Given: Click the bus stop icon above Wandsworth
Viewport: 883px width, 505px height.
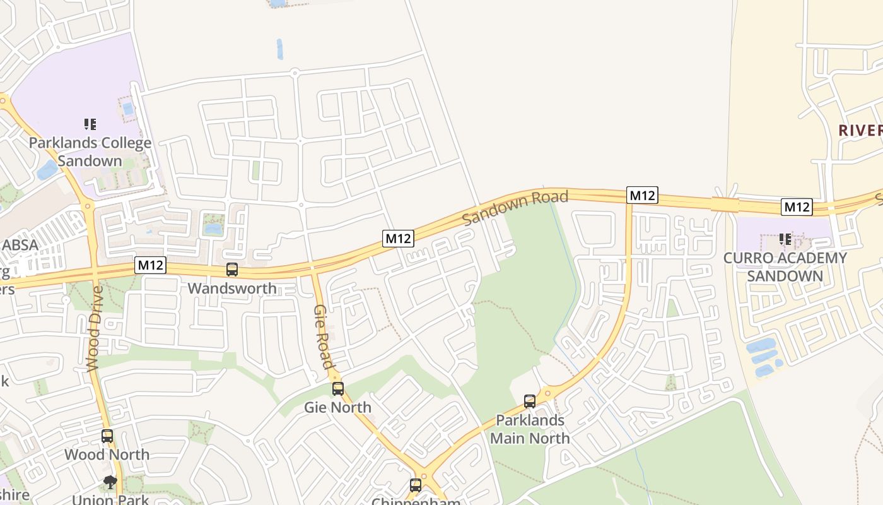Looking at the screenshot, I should [232, 270].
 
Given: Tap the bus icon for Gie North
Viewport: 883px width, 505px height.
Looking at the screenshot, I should [338, 388].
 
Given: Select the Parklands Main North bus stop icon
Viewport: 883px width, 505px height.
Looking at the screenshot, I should [530, 401].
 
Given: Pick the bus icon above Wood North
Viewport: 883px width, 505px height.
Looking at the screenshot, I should [107, 436].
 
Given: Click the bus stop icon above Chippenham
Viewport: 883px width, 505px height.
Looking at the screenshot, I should [416, 485].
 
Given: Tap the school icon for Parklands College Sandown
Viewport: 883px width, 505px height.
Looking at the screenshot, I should [90, 124].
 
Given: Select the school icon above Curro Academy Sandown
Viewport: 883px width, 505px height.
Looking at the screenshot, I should [785, 239].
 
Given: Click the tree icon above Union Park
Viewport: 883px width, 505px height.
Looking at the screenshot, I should [110, 483].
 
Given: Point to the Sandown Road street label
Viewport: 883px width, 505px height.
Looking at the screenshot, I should [515, 208].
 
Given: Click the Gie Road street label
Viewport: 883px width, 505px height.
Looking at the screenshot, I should [323, 336].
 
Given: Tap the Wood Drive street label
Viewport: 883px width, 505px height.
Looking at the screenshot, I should [94, 328].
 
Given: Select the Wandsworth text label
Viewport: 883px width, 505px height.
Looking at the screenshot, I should [232, 288].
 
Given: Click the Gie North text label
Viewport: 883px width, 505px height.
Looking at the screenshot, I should [338, 407].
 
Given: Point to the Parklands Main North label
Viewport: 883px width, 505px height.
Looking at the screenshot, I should [530, 429].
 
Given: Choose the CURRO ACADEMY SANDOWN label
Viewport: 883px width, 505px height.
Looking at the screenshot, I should [785, 267].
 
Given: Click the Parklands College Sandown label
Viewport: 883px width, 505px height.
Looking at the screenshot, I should [90, 151].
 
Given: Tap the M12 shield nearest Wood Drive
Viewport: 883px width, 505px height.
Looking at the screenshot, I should [150, 265].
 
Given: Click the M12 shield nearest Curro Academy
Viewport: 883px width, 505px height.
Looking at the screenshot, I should [796, 206].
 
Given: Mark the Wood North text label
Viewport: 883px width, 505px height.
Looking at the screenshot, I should [107, 454].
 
